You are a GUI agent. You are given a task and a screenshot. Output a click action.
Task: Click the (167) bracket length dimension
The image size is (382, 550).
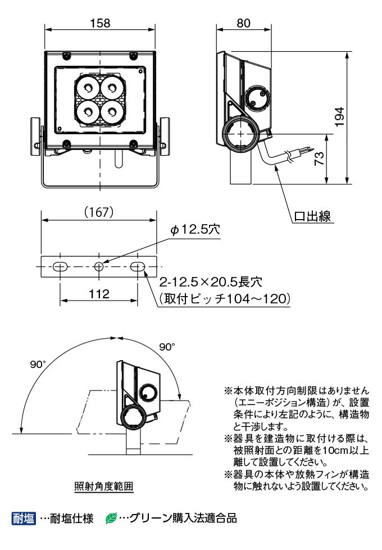99,212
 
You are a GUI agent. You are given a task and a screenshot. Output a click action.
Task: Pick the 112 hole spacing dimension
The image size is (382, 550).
98,294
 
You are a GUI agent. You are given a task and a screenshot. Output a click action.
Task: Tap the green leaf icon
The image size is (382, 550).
111,517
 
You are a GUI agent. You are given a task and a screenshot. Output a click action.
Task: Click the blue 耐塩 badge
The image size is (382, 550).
24,517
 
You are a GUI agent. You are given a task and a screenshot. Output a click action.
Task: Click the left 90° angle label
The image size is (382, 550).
38,365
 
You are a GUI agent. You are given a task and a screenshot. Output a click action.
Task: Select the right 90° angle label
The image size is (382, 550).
167,347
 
